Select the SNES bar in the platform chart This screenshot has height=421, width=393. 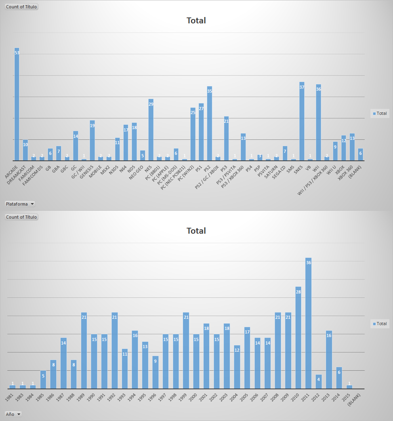(302, 121)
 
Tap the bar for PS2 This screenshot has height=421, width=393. (210, 124)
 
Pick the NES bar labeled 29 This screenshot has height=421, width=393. (151, 130)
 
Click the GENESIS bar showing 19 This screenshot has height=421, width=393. (92, 141)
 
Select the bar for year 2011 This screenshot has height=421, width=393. (309, 323)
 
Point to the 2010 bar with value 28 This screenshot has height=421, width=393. (298, 337)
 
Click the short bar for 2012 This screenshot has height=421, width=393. (319, 381)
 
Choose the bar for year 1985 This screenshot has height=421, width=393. (44, 379)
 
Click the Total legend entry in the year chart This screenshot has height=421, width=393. (380, 324)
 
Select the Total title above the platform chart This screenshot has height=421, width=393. (196, 21)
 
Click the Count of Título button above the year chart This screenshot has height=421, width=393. (21, 217)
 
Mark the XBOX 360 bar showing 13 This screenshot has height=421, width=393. (352, 147)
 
